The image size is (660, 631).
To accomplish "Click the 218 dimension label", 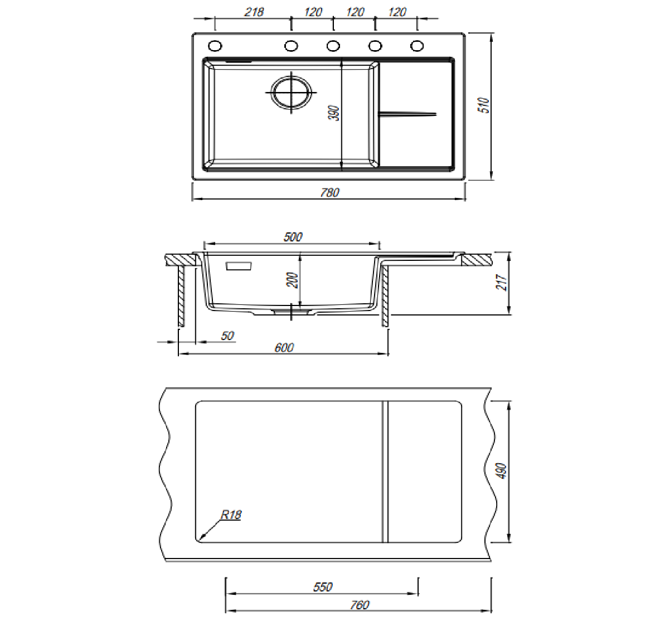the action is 254,12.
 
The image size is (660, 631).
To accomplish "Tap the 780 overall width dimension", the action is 329,192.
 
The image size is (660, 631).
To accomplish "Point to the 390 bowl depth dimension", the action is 333,113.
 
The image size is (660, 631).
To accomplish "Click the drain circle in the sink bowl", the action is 292,92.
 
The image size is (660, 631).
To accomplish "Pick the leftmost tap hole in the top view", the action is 215,46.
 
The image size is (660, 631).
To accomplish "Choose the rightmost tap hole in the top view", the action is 417,46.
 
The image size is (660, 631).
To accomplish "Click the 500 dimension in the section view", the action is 293,237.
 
